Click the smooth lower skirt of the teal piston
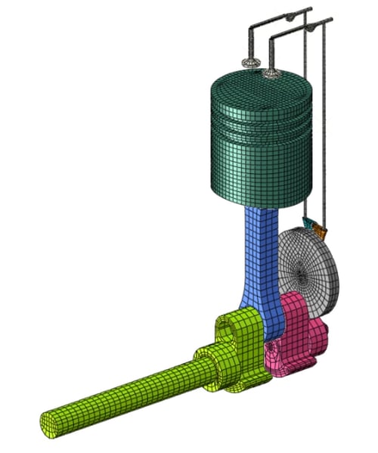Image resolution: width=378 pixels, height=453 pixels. pyautogui.click(x=257, y=170)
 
